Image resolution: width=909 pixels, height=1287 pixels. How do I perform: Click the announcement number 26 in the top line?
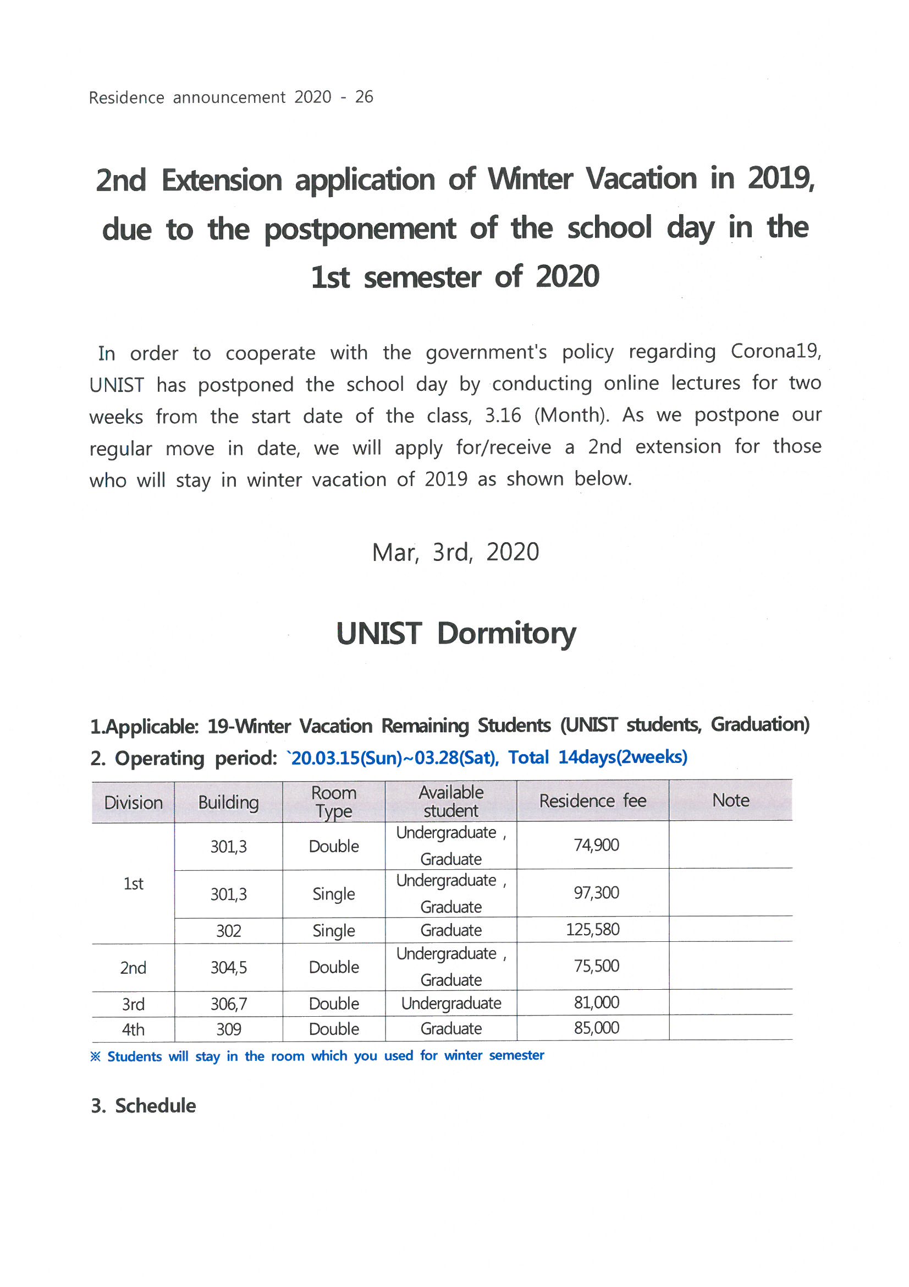point(363,97)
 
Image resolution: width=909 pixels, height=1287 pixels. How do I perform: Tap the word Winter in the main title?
point(529,179)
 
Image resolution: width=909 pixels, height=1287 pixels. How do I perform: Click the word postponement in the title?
point(360,228)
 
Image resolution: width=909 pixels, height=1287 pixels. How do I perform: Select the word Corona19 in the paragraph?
point(775,351)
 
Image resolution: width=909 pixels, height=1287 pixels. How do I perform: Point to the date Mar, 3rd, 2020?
point(455,552)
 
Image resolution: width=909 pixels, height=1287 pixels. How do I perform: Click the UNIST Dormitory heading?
point(455,634)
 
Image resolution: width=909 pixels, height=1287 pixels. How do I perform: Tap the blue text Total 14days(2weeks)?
point(597,757)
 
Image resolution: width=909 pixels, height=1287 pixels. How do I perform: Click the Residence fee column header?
point(592,801)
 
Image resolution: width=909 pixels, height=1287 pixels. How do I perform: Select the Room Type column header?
point(333,801)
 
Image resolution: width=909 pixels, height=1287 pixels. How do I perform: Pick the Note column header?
point(730,800)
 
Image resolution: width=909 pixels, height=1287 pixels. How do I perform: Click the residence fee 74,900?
point(596,845)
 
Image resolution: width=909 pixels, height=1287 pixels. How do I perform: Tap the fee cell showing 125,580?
point(592,929)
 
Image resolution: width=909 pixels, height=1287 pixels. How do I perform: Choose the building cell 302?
point(228,931)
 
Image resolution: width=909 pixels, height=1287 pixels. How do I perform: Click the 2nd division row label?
point(133,968)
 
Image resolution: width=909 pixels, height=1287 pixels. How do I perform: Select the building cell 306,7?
point(228,1004)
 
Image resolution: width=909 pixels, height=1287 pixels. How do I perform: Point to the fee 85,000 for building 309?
point(596,1028)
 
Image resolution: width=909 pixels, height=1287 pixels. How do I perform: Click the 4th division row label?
point(133,1029)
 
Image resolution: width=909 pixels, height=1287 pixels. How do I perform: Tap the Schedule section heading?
point(155,1105)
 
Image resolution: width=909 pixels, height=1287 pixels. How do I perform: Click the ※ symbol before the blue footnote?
point(95,1056)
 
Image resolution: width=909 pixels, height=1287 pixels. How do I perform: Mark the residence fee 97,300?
point(596,892)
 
